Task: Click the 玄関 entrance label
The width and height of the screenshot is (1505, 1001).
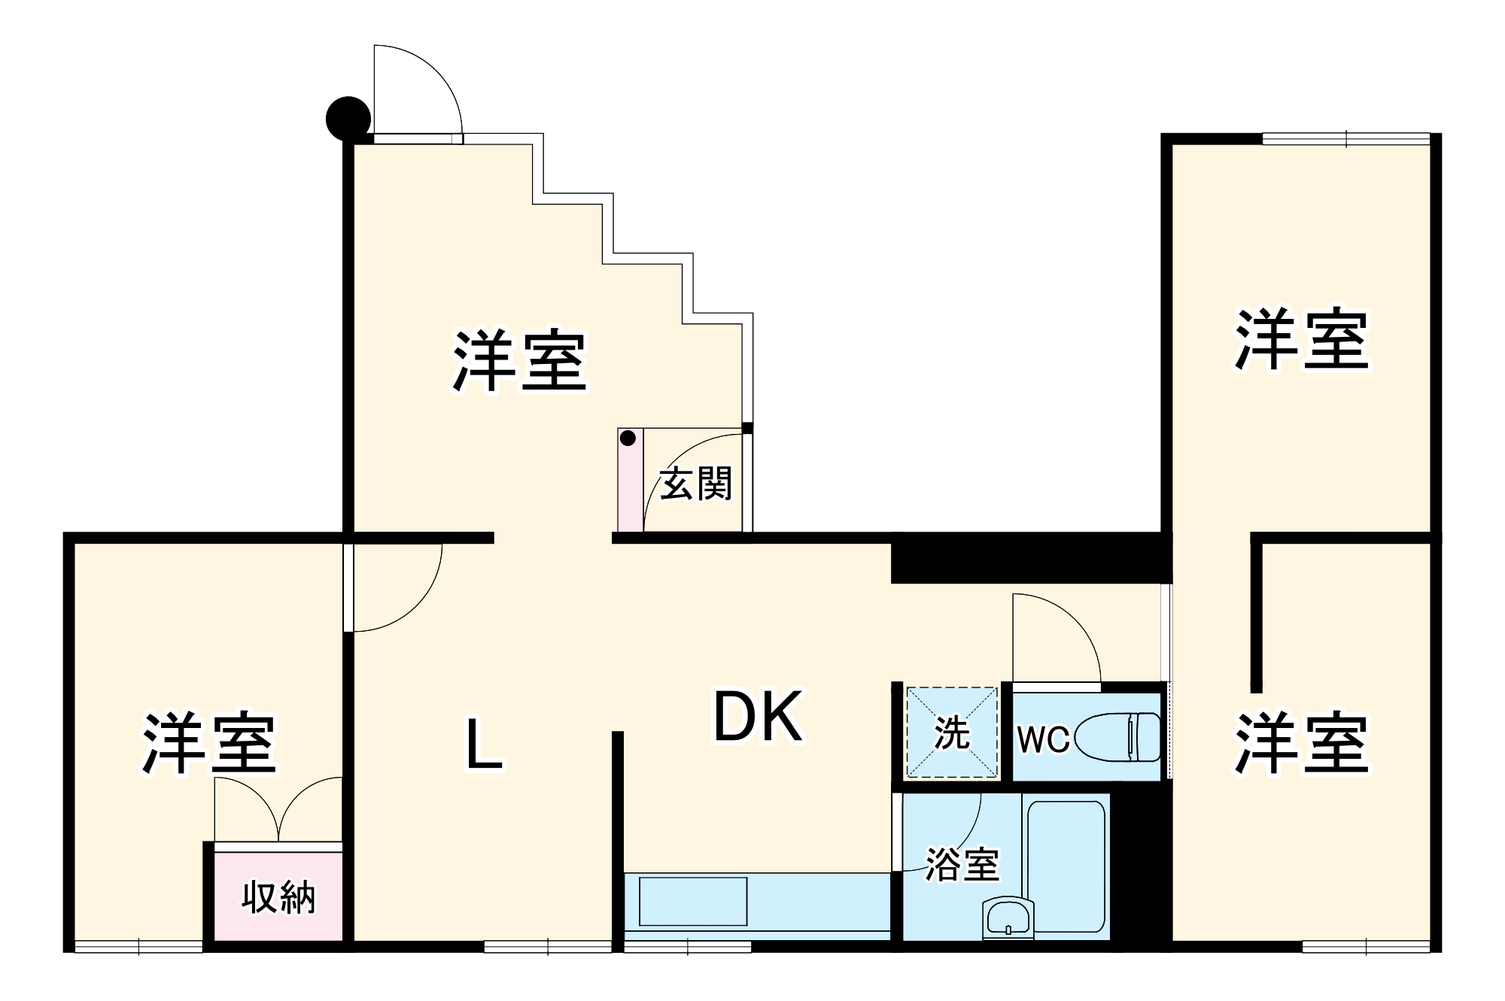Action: (x=696, y=484)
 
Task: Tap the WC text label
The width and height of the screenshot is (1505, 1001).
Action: (x=1043, y=740)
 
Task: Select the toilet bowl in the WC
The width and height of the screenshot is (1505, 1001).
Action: (x=1117, y=737)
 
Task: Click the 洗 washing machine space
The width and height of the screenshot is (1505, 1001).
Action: (x=952, y=733)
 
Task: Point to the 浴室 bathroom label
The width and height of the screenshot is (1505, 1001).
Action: (x=962, y=865)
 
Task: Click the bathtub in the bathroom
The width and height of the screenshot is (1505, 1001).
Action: (x=1066, y=865)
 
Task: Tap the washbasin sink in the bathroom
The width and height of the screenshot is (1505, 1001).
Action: (x=1008, y=918)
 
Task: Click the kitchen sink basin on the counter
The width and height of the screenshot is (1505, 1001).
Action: (x=692, y=901)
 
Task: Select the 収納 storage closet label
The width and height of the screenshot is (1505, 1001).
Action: (x=278, y=897)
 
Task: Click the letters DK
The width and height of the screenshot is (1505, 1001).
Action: (x=758, y=717)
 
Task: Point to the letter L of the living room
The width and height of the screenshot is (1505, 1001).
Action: (x=484, y=745)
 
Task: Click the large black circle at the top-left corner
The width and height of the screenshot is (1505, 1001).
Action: (x=348, y=119)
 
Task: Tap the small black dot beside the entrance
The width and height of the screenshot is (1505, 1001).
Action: (x=628, y=438)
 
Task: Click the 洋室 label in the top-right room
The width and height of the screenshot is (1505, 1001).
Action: (x=1301, y=340)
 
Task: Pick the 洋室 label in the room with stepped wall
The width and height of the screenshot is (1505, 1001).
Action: (x=519, y=360)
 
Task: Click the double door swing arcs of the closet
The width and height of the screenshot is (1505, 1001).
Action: (x=278, y=809)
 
